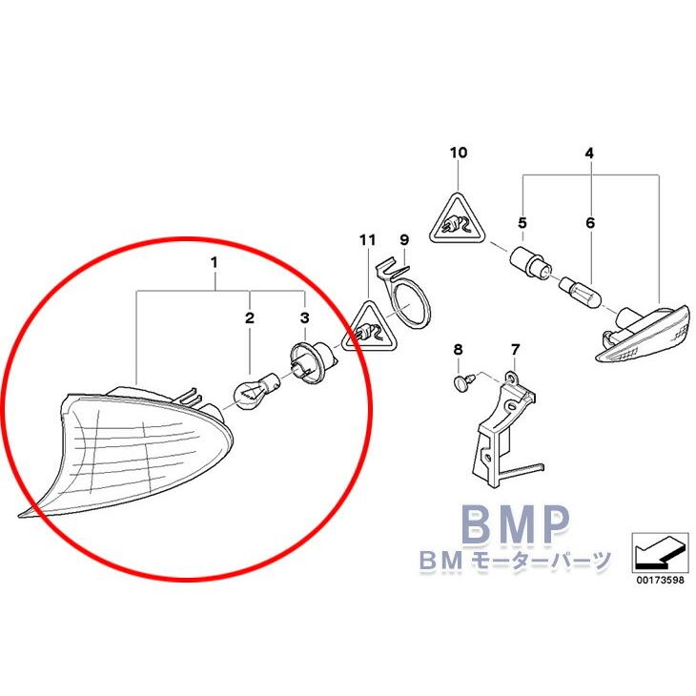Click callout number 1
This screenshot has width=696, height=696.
215,259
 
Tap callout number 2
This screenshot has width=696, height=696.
250,317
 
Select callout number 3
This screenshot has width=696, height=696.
304,317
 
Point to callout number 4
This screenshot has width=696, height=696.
589,153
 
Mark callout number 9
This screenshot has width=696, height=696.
403,238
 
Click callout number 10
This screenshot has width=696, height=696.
459,153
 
